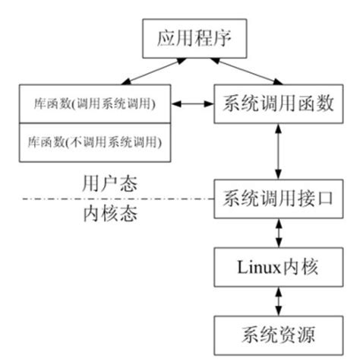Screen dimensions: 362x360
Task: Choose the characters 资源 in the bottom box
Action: [292, 332]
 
